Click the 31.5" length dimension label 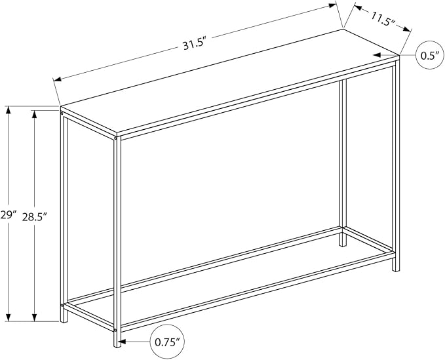click(194, 45)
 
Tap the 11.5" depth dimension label click(382, 19)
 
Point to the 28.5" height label click(34, 217)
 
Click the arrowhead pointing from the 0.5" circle click(377, 55)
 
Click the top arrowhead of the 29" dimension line click(9, 110)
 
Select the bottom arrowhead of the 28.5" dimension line click(35, 317)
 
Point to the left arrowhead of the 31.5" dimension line click(58, 79)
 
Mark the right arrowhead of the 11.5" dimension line click(407, 30)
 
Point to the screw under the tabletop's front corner click(115, 138)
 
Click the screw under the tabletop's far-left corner click(62, 113)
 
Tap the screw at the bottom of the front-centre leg click(115, 330)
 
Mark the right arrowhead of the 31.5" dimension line click(333, 5)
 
